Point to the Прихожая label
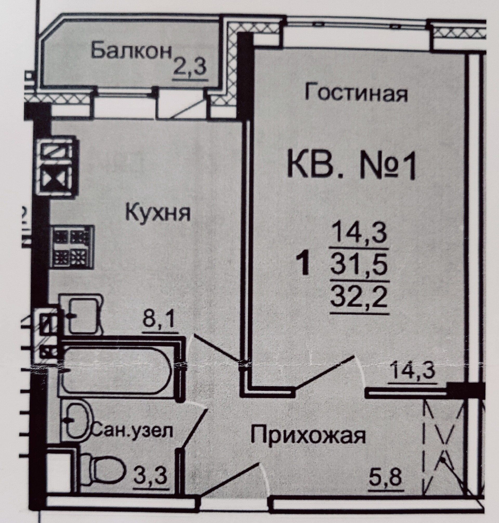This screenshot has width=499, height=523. [308, 434]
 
